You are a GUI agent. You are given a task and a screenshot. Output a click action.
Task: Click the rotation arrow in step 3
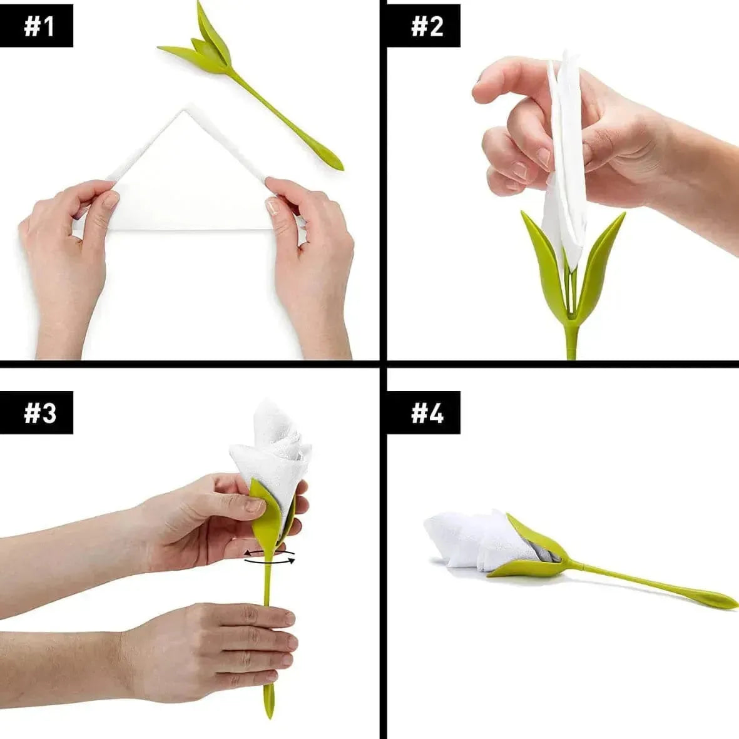point(270,561)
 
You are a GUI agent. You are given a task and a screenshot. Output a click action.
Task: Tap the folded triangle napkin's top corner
point(184,111)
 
